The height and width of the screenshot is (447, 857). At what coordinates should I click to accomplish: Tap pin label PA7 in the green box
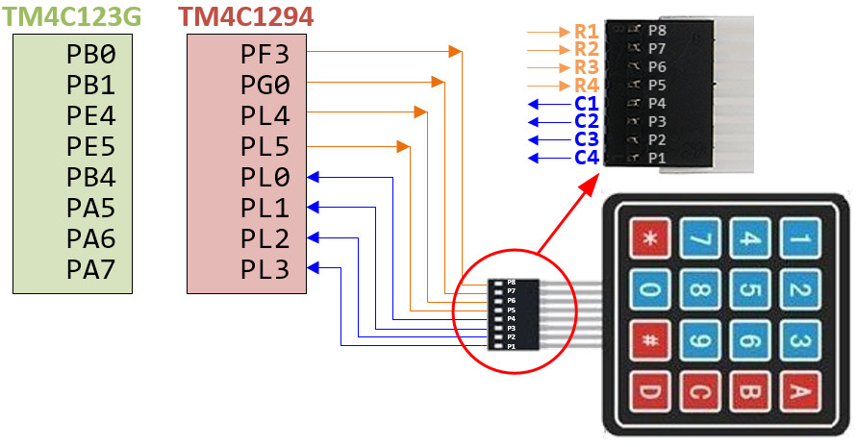(x=90, y=271)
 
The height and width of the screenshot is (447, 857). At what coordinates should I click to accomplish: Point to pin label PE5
(x=90, y=146)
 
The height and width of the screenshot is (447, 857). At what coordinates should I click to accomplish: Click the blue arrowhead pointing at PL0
(x=313, y=177)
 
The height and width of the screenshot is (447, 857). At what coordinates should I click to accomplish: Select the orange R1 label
(x=586, y=32)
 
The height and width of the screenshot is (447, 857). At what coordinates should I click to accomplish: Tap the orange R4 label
(x=586, y=86)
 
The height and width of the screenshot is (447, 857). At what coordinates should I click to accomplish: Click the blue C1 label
(x=586, y=104)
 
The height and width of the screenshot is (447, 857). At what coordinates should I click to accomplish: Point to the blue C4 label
(x=586, y=158)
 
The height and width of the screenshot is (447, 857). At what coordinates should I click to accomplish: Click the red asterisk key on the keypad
(x=650, y=236)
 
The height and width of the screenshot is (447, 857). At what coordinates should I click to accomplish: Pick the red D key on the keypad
(x=650, y=392)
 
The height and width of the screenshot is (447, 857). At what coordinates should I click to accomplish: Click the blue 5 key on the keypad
(x=751, y=288)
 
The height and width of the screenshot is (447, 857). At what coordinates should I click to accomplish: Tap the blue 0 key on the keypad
(x=650, y=288)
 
